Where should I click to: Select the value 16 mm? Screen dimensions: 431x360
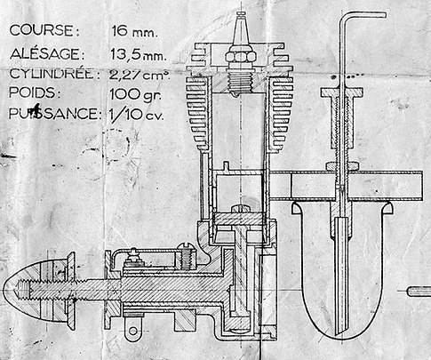click(134, 31)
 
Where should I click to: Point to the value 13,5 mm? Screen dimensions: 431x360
click(138, 55)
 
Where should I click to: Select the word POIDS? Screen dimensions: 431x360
click(35, 93)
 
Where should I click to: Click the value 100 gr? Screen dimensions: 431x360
click(135, 95)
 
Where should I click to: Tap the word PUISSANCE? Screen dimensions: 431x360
click(53, 114)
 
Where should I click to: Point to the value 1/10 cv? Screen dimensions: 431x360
click(136, 114)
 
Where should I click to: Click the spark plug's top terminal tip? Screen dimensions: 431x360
click(241, 13)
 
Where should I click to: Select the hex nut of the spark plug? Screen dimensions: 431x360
click(241, 57)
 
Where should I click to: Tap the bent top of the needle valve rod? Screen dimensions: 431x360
click(363, 15)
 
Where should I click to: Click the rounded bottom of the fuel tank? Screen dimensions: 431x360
click(341, 331)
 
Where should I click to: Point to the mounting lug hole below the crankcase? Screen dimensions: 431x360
click(133, 331)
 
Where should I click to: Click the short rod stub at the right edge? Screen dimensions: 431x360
click(419, 292)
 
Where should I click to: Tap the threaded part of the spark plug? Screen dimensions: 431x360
click(240, 82)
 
